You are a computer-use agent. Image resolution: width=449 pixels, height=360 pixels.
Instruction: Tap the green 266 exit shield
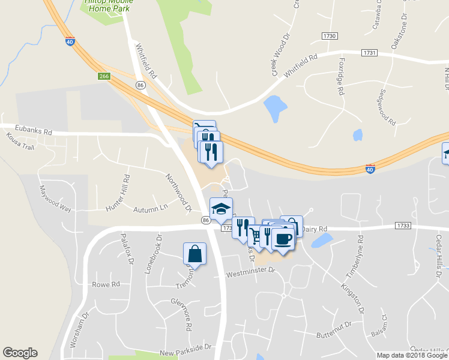(105, 76)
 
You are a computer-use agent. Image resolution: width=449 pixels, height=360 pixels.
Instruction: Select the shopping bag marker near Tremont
(195, 254)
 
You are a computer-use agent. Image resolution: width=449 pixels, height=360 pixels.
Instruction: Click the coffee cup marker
(283, 239)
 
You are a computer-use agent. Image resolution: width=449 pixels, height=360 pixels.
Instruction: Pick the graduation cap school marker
(221, 209)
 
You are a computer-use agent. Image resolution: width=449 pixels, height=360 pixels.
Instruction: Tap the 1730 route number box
(329, 37)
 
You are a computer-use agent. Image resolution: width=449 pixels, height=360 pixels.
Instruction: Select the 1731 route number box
(370, 53)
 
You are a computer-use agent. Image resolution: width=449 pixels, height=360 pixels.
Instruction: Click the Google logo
(20, 353)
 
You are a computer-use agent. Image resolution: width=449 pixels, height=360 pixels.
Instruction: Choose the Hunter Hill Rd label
(118, 193)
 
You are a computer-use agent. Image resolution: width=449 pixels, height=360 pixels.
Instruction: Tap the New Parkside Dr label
(185, 347)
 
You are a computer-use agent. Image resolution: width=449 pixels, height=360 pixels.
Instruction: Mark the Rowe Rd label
(106, 284)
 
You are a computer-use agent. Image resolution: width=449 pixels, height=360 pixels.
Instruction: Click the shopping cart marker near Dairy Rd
(256, 235)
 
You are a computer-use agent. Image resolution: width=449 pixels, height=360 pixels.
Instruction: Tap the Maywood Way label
(55, 200)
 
